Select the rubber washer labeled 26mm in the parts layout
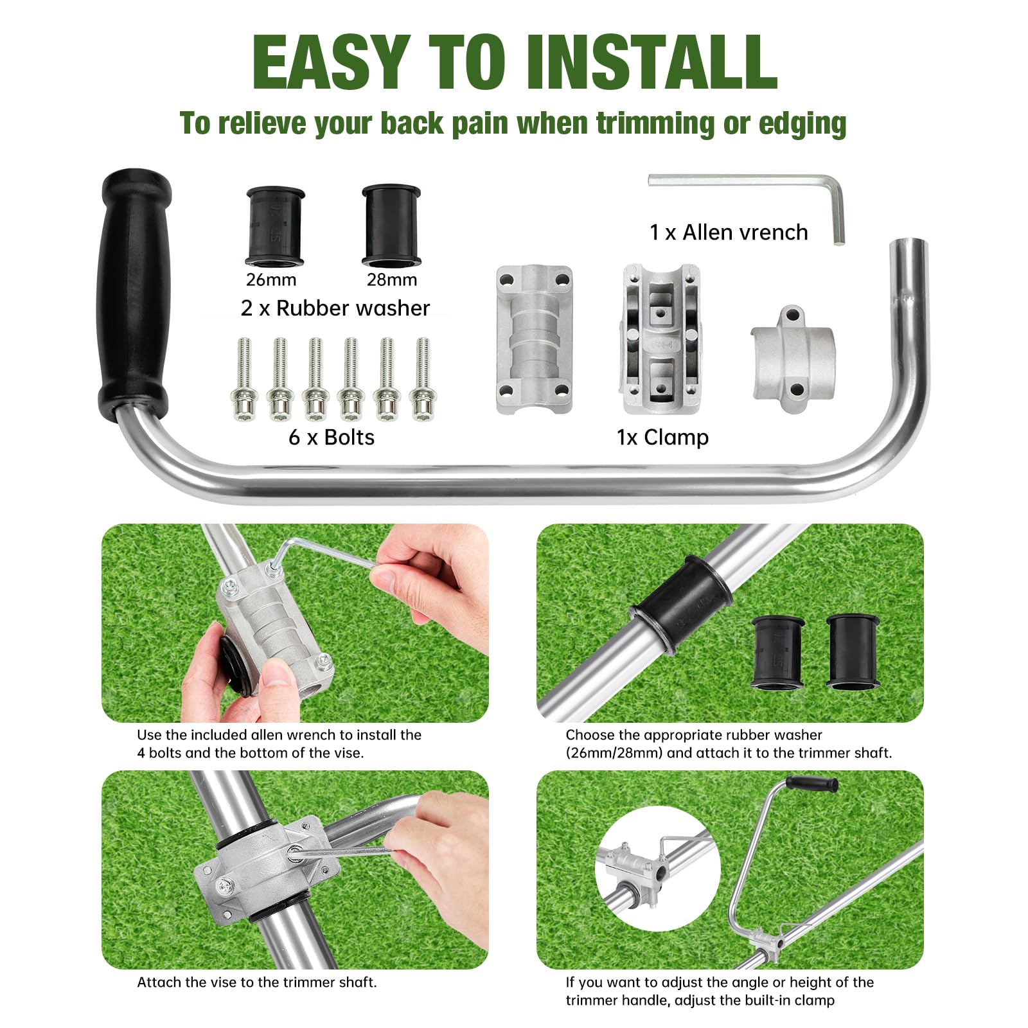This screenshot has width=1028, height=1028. point(274,226)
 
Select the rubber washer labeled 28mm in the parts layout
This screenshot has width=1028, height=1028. point(391,226)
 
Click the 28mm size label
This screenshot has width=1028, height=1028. point(391,280)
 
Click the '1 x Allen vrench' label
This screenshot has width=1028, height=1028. point(728,233)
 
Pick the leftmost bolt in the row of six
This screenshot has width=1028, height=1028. point(244,380)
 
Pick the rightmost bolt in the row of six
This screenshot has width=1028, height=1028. point(423,380)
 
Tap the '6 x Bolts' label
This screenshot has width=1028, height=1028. point(331,438)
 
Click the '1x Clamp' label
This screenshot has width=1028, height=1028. point(662,438)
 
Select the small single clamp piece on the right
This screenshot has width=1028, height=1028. point(793,360)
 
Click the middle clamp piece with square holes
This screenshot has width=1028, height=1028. point(661,339)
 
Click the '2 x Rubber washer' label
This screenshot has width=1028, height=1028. point(335,308)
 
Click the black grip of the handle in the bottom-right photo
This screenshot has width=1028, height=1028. point(812,784)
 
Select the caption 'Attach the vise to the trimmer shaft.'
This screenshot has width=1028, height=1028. point(256,982)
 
